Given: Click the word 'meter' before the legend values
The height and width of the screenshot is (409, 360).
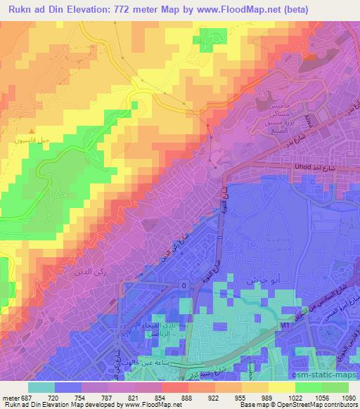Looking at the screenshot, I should click(x=10, y=397).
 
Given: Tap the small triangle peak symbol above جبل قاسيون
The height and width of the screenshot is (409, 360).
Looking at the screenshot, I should click(x=30, y=131).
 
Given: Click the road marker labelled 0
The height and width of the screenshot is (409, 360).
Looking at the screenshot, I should click(x=184, y=285).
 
